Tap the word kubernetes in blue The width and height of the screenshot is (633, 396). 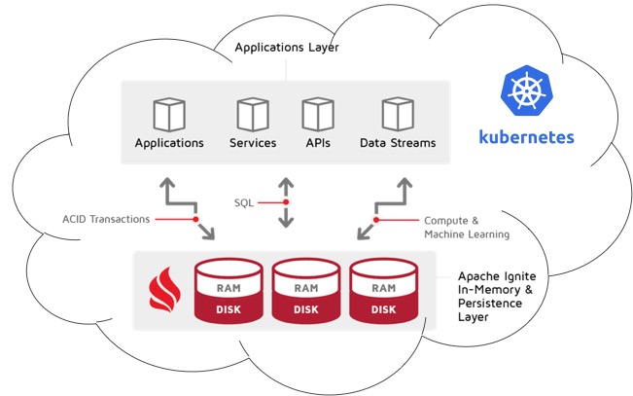click(x=526, y=136)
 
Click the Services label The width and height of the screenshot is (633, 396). click(x=253, y=143)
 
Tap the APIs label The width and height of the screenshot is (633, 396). click(x=317, y=143)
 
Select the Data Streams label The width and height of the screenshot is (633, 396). click(x=398, y=143)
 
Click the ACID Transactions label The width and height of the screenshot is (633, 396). click(x=107, y=219)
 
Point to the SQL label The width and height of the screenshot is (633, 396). click(x=244, y=202)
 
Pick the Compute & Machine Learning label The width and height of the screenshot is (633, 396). click(x=466, y=228)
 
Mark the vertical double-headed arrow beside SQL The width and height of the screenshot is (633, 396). click(x=286, y=202)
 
